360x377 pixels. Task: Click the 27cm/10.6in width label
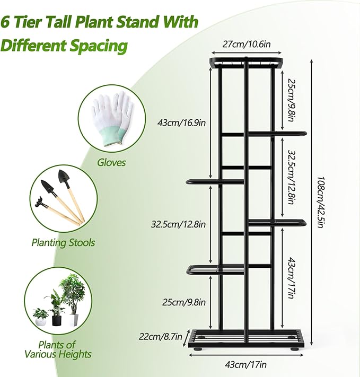pyautogui.click(x=245, y=45)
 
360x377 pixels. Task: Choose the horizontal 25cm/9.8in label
pyautogui.click(x=181, y=303)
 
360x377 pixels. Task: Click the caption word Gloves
pyautogui.click(x=111, y=162)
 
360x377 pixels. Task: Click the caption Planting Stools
pyautogui.click(x=63, y=242)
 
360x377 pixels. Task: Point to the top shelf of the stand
pyautogui.click(x=245, y=62)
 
